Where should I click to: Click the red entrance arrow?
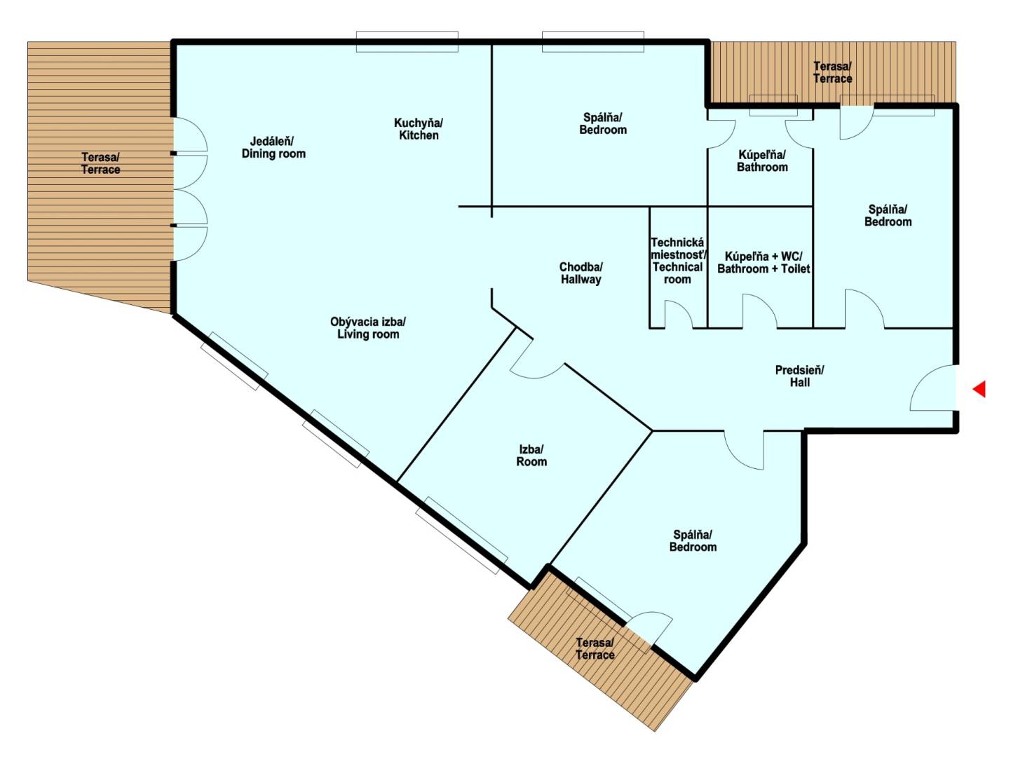click(x=979, y=389)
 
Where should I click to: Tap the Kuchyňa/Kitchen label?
click(x=419, y=129)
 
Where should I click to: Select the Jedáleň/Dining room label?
click(x=273, y=147)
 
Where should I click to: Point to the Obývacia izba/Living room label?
click(x=368, y=328)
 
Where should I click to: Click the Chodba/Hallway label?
click(x=581, y=273)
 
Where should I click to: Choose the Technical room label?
click(x=677, y=261)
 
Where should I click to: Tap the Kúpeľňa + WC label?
click(x=764, y=257)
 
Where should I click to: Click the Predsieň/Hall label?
click(x=799, y=376)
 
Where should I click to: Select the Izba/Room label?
click(x=531, y=456)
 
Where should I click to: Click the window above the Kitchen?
click(x=407, y=41)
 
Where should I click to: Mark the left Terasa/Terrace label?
click(x=100, y=163)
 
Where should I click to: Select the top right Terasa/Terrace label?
click(x=832, y=72)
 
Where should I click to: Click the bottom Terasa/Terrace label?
click(x=595, y=649)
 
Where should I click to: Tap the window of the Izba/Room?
click(x=461, y=535)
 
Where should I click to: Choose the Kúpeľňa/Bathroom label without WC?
click(x=762, y=161)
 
